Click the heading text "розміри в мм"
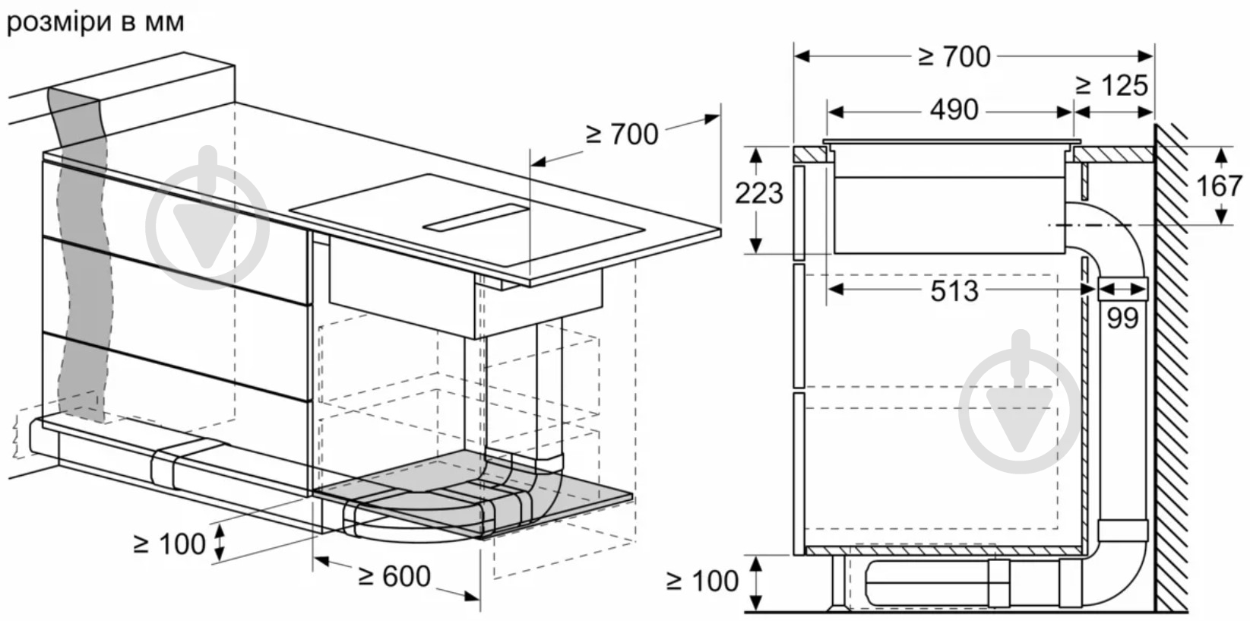96,22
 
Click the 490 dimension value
954,110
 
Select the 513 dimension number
954,290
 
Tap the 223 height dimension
759,194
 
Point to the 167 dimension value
1219,185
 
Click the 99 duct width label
1122,318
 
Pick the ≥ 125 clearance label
1112,85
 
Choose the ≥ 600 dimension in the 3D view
394,576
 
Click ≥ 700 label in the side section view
954,56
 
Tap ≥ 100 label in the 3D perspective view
169,544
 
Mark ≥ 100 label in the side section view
703,581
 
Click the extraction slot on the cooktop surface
476,217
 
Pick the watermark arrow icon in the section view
1020,402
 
